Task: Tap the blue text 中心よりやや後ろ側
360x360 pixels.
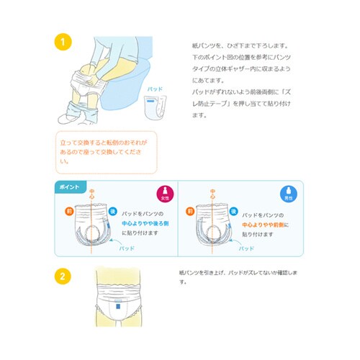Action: tap(149, 224)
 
